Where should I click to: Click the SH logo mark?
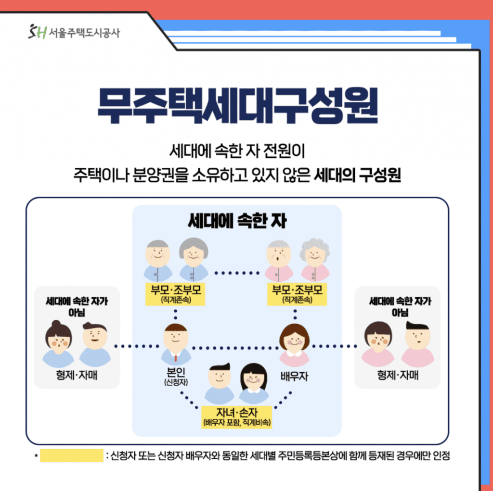tap(38, 31)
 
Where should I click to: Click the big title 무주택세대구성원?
tap(237, 105)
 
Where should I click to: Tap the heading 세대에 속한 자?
tap(237, 221)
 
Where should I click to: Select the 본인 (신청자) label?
tap(176, 376)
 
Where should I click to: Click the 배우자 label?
tap(294, 376)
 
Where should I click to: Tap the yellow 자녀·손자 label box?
tap(237, 417)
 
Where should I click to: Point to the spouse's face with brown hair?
tap(295, 337)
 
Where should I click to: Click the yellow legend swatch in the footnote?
tap(72, 455)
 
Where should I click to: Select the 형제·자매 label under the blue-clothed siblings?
tap(77, 375)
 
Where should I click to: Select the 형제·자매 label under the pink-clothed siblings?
tap(398, 375)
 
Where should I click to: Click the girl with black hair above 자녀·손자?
tap(254, 383)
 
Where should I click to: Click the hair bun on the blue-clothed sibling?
tap(56, 324)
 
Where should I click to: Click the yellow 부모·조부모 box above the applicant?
tap(175, 294)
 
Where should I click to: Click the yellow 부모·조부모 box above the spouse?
tap(297, 294)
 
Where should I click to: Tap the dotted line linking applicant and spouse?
tap(235, 348)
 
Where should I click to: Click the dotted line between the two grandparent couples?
tap(237, 273)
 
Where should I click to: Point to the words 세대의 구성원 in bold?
tap(358, 175)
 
